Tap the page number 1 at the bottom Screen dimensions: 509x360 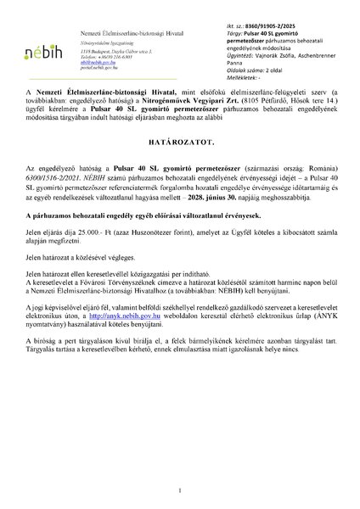[x=179, y=491]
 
